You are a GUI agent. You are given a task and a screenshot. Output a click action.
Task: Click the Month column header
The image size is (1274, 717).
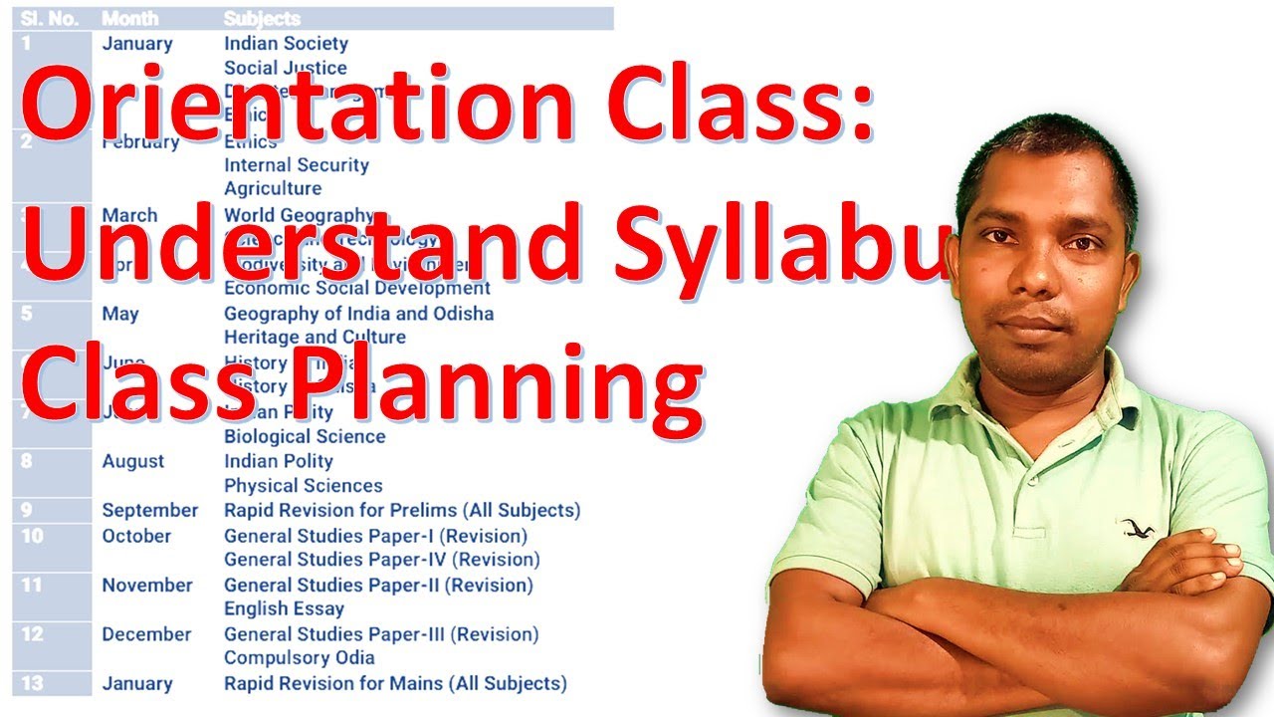(129, 19)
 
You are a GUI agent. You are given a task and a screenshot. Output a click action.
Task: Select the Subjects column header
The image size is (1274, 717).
(262, 19)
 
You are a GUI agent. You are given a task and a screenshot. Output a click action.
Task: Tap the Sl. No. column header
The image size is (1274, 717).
(50, 19)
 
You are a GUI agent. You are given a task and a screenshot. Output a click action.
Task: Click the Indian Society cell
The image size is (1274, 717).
(286, 44)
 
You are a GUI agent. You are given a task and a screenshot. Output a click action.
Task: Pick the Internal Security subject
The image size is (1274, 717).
(296, 165)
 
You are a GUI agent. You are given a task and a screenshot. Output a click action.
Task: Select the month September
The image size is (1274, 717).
(150, 511)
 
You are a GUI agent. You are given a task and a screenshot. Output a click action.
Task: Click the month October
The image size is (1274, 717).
(136, 536)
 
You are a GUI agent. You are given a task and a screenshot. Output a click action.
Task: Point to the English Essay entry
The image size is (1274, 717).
(284, 608)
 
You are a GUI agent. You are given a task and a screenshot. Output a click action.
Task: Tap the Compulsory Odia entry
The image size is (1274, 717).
(299, 658)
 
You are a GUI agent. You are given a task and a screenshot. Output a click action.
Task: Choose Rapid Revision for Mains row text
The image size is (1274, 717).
(395, 684)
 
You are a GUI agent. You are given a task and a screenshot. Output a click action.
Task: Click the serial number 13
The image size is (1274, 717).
(33, 683)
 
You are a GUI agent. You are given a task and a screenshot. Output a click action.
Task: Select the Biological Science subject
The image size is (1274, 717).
(304, 437)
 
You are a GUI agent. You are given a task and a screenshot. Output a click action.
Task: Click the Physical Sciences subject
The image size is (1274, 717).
(303, 486)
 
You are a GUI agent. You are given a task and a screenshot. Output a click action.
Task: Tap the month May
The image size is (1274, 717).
(120, 314)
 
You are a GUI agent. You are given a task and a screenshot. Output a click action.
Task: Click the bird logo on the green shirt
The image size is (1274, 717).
(1133, 527)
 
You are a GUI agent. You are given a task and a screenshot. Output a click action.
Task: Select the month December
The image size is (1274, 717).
(146, 634)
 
